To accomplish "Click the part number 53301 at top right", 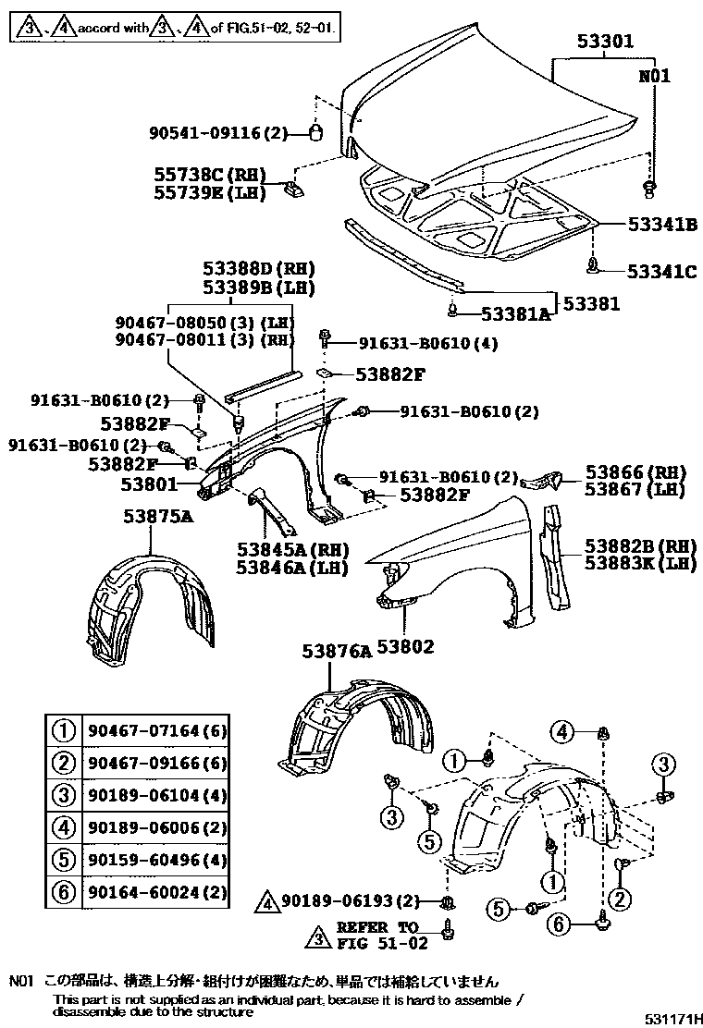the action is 605,43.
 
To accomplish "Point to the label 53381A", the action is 507,314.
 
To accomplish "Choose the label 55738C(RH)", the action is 210,175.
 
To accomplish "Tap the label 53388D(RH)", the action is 259,268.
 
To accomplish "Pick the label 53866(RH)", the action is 638,471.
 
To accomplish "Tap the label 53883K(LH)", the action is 639,563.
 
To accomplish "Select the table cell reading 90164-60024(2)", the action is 157,892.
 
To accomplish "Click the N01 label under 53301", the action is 653,77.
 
